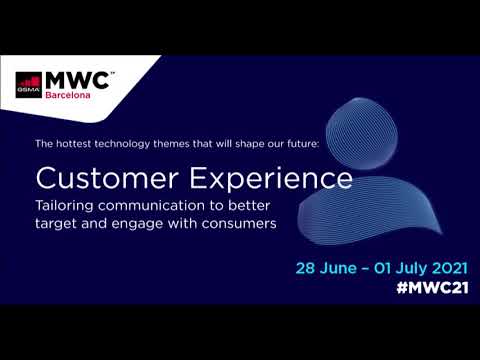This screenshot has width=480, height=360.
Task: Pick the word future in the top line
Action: coord(297,144)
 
